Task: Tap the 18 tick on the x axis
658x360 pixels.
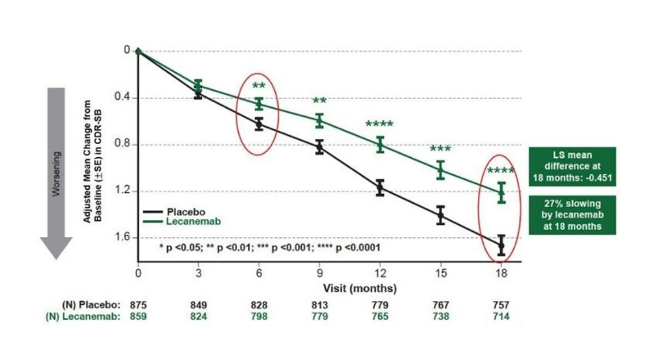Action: tap(501, 271)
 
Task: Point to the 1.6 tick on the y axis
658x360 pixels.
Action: tap(124, 237)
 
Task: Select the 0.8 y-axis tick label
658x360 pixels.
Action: tap(124, 145)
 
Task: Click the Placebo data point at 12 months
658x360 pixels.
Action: tap(380, 188)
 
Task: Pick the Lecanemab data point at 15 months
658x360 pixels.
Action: tap(440, 170)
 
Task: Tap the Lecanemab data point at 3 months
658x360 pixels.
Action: tap(198, 85)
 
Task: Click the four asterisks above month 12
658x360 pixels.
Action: tap(380, 125)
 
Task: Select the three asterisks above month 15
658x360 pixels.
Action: tap(440, 150)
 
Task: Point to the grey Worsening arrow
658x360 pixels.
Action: tap(55, 172)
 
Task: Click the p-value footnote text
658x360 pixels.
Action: tap(270, 246)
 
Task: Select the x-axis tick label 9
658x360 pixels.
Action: tap(319, 271)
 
